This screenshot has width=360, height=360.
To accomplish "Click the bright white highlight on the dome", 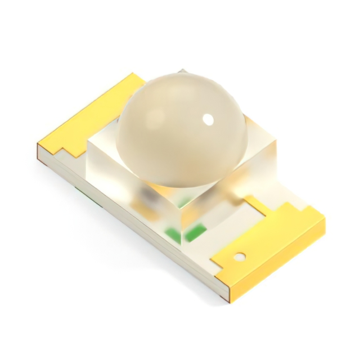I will coord(209,119).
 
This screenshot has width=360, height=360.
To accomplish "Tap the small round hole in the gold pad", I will coord(240,256).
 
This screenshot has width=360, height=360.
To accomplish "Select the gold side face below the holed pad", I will coord(281,264).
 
